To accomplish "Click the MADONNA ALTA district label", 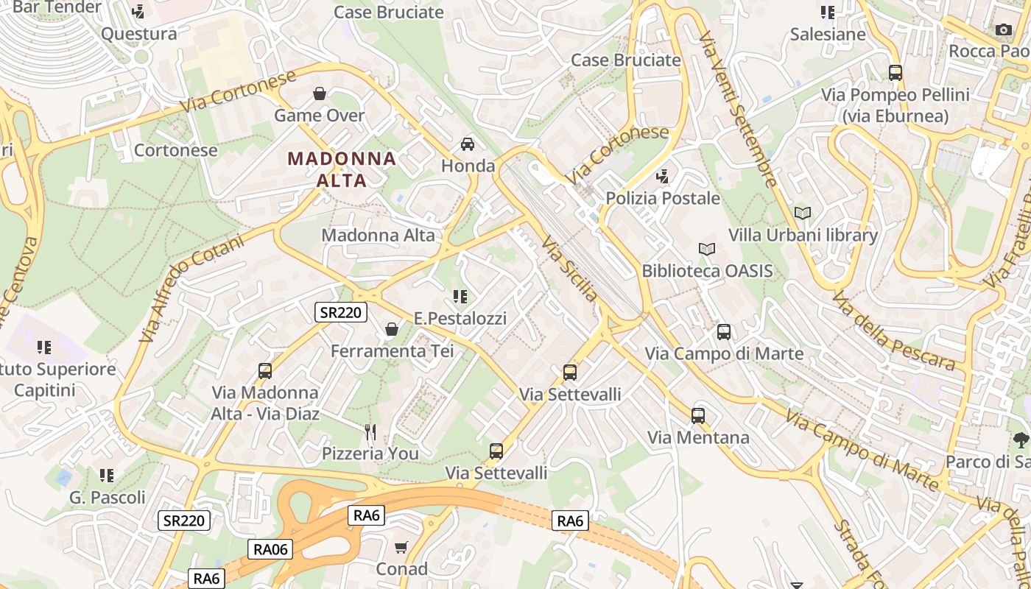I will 342,169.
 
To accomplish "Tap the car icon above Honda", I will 468,144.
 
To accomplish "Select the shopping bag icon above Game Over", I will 320,94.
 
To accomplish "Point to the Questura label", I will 139,33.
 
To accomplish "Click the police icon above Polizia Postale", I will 663,176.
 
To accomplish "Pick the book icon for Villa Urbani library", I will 802,213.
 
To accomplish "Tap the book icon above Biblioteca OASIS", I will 707,249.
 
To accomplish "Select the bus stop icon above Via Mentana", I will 698,415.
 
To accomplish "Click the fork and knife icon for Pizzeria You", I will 370,431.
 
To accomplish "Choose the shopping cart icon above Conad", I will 401,547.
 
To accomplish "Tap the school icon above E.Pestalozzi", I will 460,297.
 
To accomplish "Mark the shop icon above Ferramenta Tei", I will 392,329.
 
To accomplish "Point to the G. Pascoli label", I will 108,498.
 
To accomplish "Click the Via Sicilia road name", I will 570,269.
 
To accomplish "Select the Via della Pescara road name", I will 893,331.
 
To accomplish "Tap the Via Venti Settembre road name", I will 738,108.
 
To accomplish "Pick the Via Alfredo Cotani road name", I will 191,287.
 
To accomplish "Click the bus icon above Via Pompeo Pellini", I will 895,73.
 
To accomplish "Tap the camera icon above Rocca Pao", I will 1003,29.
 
